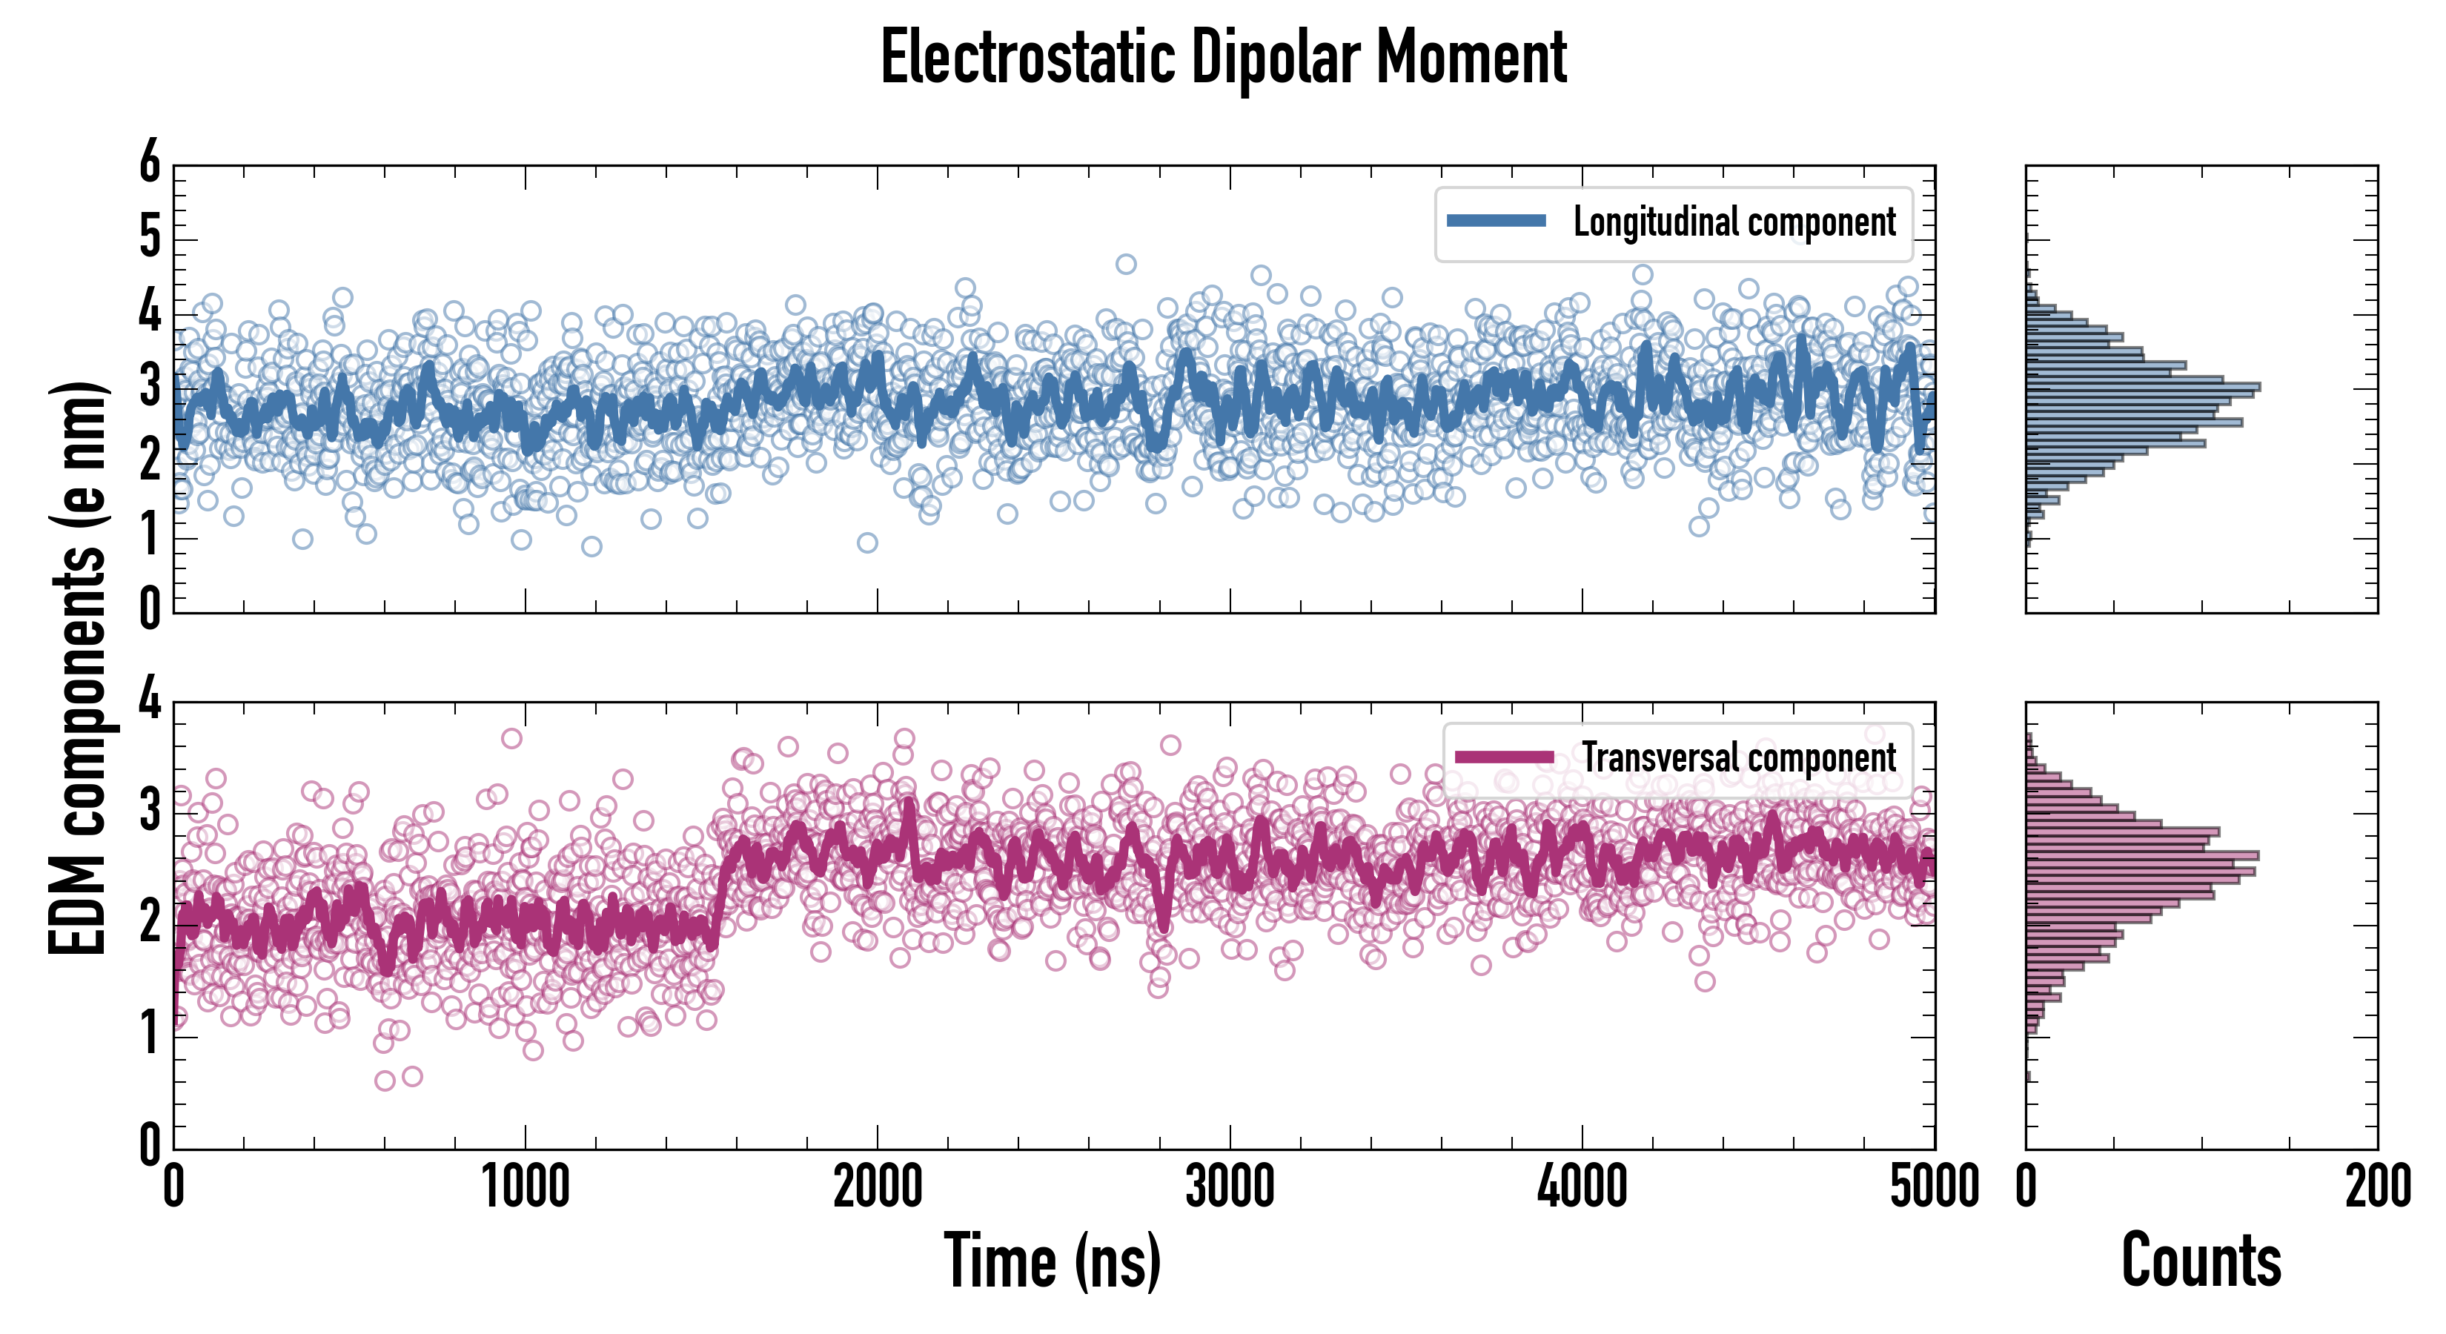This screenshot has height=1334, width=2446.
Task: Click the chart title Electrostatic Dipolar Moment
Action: [1223, 59]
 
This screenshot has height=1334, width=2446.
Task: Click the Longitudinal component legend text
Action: [1734, 222]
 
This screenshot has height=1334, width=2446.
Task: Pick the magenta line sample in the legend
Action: [1504, 757]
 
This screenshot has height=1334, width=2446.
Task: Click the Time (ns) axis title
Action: [1052, 1261]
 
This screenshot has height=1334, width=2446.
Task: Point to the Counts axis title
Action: [2201, 1261]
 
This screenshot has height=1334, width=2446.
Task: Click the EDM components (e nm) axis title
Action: [78, 668]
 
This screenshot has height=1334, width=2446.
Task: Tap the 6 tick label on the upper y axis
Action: [150, 163]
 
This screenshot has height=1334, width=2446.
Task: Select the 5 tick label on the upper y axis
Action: [150, 237]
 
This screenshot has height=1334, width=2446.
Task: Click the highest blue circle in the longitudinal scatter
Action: [1125, 264]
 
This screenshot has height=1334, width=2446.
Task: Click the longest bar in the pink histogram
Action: [2141, 855]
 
